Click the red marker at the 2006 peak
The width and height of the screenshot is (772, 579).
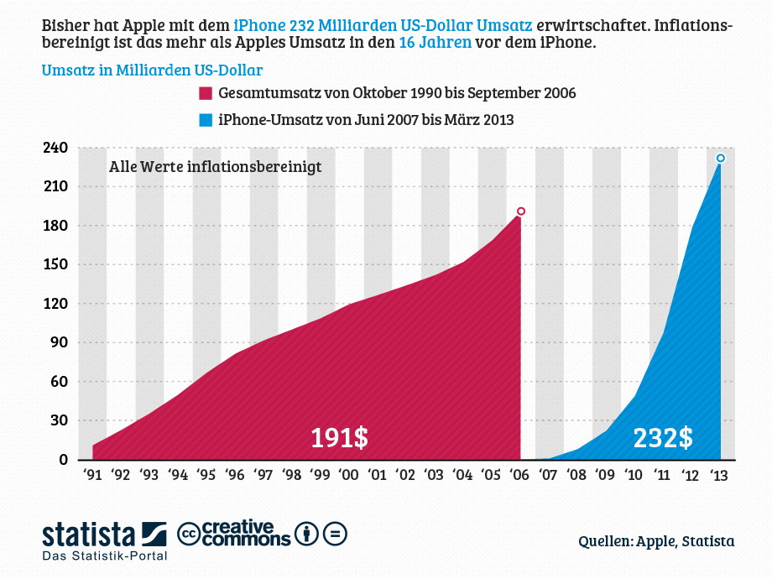(x=521, y=211)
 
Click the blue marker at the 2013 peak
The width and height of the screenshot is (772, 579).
(x=720, y=158)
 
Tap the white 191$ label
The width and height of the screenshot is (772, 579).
(x=340, y=437)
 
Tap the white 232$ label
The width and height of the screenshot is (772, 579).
(x=663, y=437)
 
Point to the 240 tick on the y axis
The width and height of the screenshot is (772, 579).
(x=56, y=148)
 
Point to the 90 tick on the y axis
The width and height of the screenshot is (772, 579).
(x=60, y=342)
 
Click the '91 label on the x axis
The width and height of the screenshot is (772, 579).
(x=92, y=475)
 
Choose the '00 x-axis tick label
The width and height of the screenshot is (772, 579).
(x=349, y=475)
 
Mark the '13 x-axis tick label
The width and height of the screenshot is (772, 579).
(x=720, y=475)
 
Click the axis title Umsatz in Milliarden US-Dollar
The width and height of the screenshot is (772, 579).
(x=152, y=70)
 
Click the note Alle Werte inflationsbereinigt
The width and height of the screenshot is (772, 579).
(x=215, y=167)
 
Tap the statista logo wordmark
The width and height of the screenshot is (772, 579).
(x=89, y=534)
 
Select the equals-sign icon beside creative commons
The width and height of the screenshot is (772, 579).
(x=335, y=534)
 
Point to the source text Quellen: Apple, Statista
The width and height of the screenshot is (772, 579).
(x=656, y=541)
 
